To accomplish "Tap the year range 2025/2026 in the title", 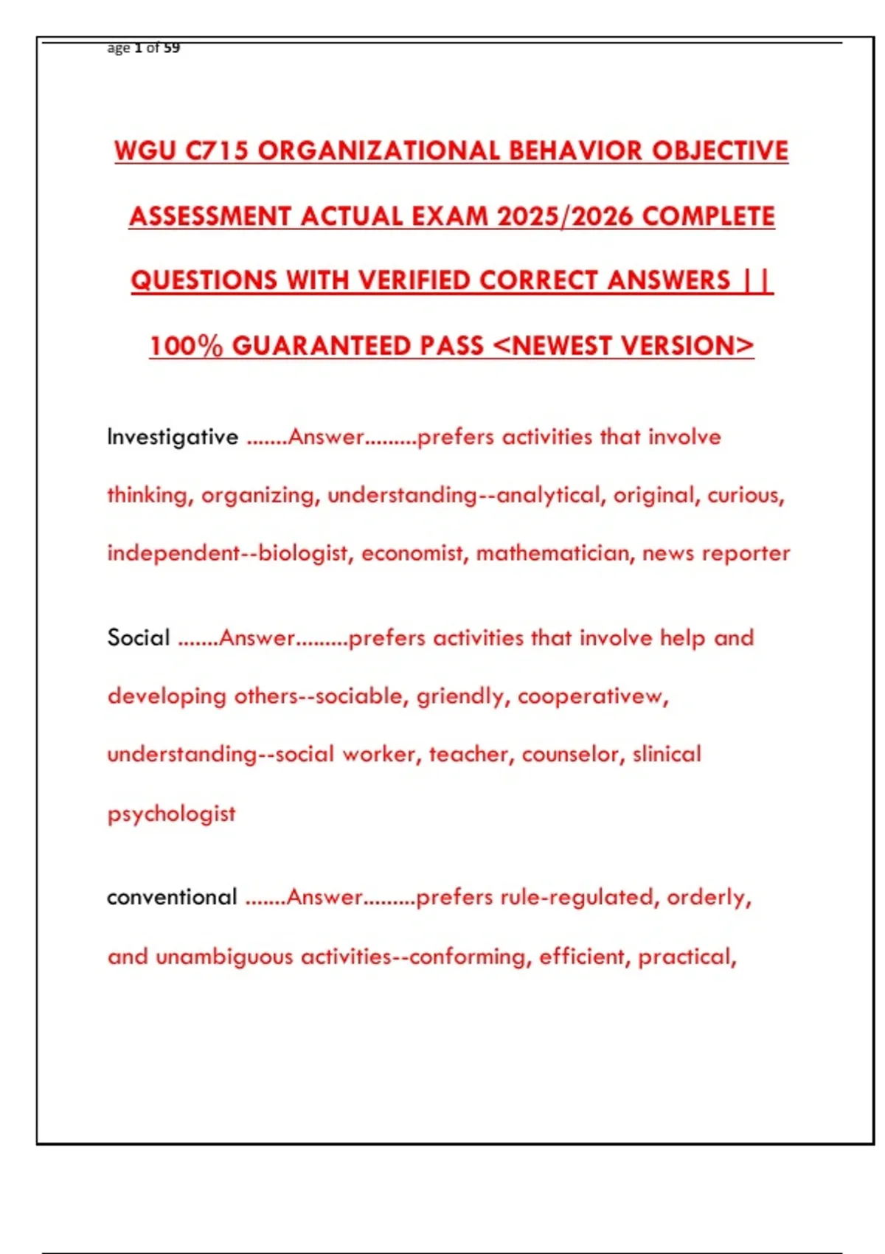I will click(564, 216).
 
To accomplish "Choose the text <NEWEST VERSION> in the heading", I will click(622, 345).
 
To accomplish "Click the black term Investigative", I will click(173, 437).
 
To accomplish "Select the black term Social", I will click(139, 637).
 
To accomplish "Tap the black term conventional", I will click(172, 897).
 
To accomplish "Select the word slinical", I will click(667, 754).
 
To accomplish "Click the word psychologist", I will click(172, 814).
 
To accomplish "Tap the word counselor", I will click(566, 754).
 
